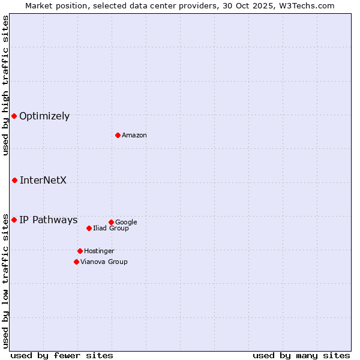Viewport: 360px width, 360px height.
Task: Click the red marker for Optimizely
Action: click(x=14, y=116)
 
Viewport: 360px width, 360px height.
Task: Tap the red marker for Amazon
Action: click(x=118, y=135)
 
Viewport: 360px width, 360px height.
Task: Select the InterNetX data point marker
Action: click(x=14, y=180)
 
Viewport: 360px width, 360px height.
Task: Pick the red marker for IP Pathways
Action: click(x=14, y=220)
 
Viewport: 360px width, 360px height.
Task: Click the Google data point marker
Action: click(x=111, y=222)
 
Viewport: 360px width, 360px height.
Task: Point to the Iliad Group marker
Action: click(x=89, y=228)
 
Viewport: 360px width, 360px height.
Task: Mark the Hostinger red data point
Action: click(x=80, y=251)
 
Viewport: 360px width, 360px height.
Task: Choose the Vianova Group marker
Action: click(x=76, y=262)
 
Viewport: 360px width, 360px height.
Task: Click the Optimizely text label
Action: click(x=44, y=116)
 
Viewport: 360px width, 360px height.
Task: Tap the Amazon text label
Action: click(x=134, y=136)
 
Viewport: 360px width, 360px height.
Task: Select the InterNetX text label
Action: click(x=43, y=180)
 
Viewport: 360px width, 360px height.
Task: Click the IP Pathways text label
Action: click(x=49, y=220)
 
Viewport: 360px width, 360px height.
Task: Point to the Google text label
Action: click(x=126, y=223)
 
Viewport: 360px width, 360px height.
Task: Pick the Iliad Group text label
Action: click(x=111, y=229)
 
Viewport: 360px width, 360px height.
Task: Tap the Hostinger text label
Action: click(x=99, y=251)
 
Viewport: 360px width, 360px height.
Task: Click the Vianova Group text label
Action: click(x=104, y=262)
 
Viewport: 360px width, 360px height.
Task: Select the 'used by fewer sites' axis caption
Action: click(x=62, y=355)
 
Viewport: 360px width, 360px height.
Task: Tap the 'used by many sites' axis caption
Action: click(x=301, y=355)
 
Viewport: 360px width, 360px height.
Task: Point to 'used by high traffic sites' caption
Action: click(x=6, y=85)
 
